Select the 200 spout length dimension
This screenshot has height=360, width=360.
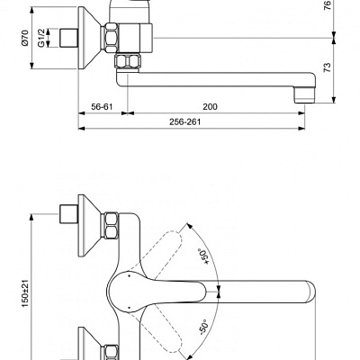210,107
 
